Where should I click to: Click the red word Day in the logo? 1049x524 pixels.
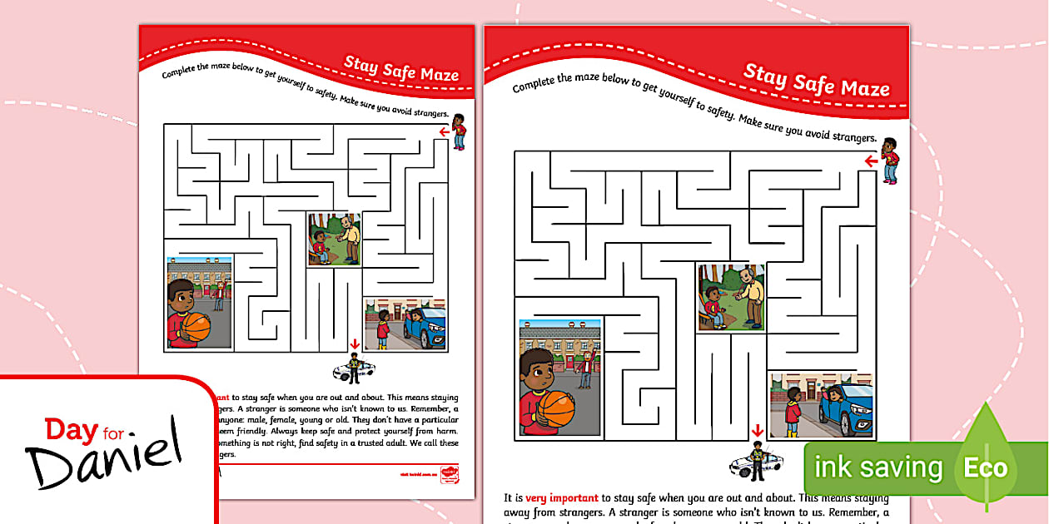[71, 431]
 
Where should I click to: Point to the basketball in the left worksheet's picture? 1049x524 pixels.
[196, 326]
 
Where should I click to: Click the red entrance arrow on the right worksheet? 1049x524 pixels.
[871, 161]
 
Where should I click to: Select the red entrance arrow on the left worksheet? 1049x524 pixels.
[445, 131]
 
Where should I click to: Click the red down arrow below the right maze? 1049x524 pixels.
[757, 431]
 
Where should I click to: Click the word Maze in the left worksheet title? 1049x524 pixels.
[439, 74]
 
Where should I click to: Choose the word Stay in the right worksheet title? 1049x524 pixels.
[764, 75]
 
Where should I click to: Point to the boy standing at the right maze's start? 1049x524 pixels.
[890, 161]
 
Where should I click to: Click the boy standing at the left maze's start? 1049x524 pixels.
[459, 131]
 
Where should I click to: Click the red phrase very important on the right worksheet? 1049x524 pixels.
[562, 498]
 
